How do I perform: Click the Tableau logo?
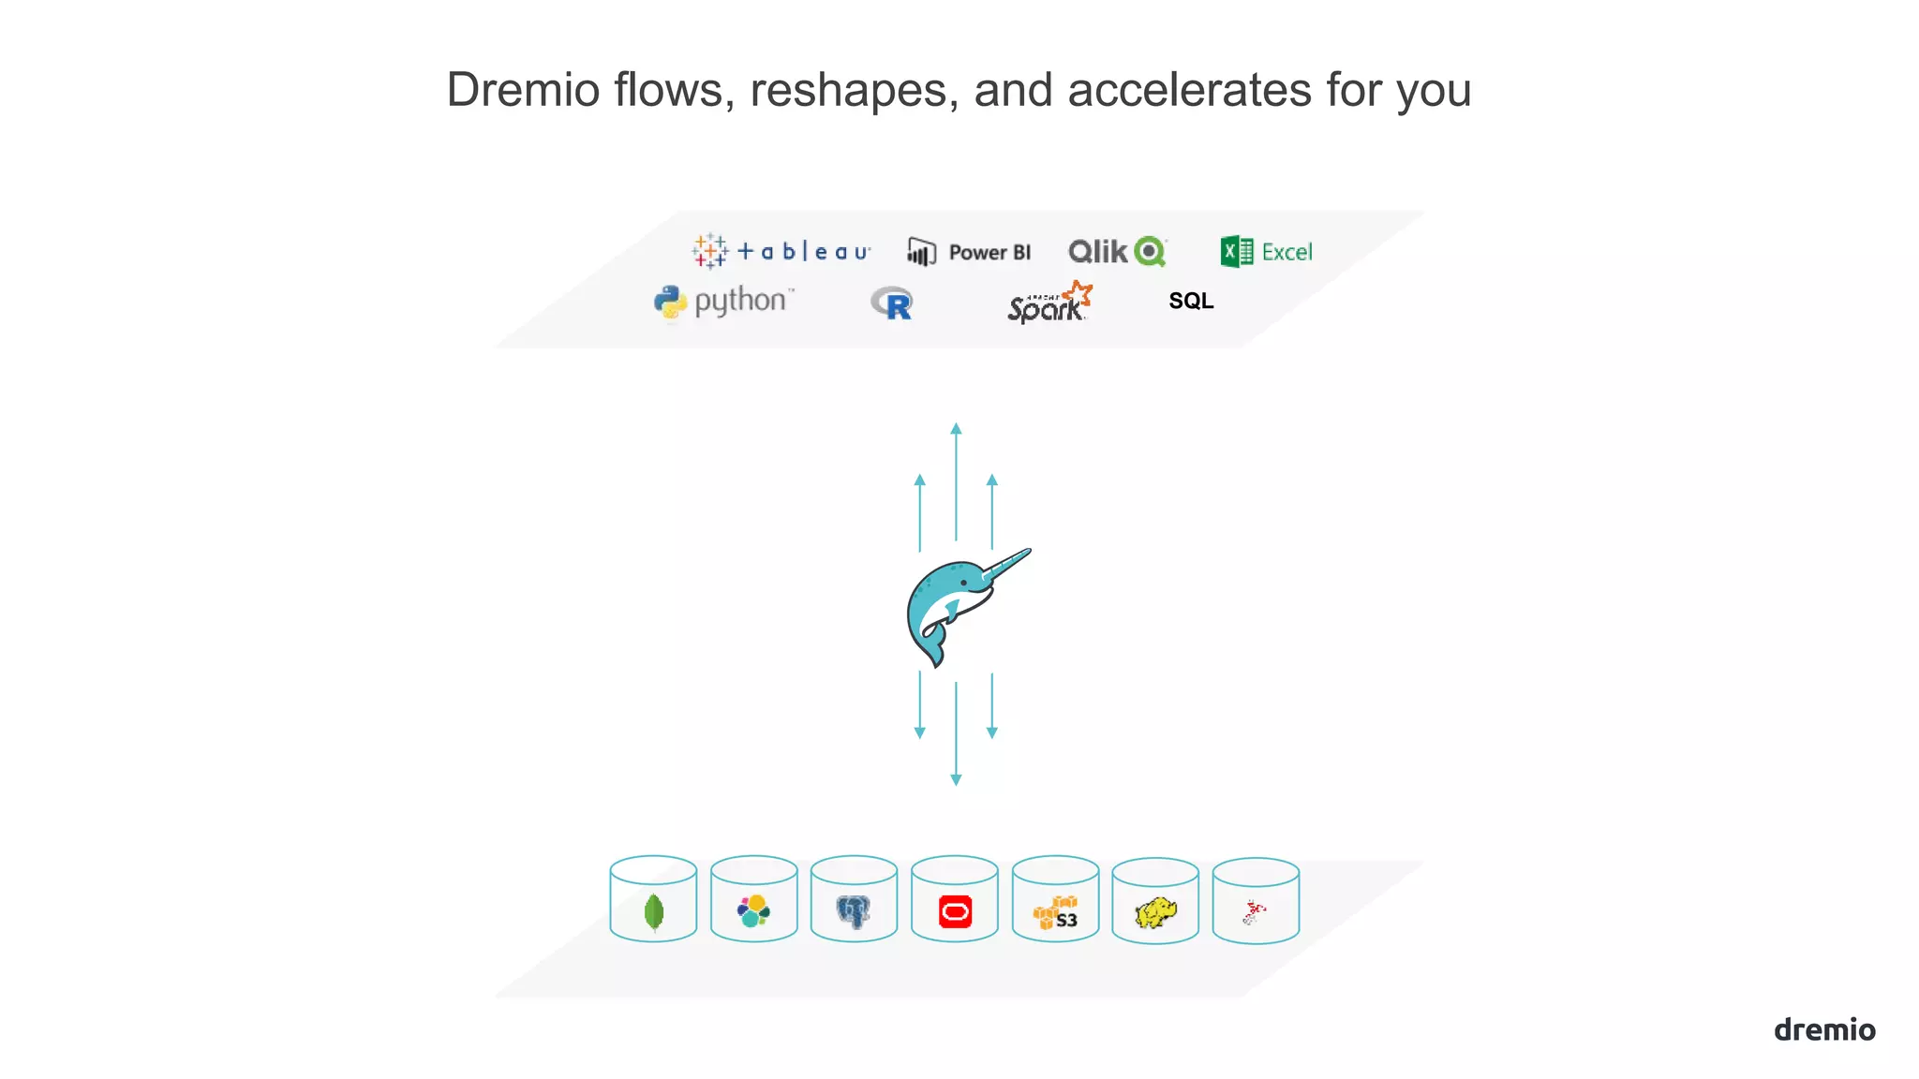coord(781,251)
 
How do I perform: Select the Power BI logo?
coord(969,252)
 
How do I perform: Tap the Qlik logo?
coord(1117,251)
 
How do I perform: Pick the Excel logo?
coord(1266,251)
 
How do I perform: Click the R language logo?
coord(892,303)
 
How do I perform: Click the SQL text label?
coord(1191,301)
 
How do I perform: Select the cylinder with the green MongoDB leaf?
coord(653,899)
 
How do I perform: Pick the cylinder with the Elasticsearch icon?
coord(753,899)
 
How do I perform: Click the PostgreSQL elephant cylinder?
coord(854,899)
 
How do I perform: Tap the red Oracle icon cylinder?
coord(955,899)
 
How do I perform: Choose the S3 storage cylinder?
coord(1055,899)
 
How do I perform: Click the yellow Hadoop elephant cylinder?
coord(1155,901)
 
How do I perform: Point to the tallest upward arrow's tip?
coord(956,428)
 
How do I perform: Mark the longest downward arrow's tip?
coord(956,780)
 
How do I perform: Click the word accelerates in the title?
coord(1189,90)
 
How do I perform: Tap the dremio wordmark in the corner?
coord(1824,1029)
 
